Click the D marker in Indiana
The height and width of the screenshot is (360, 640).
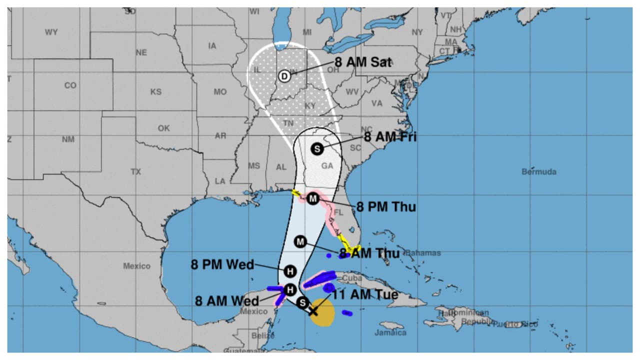click(x=283, y=76)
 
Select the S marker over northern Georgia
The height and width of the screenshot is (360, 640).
click(x=316, y=148)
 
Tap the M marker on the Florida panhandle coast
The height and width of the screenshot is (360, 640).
click(x=313, y=198)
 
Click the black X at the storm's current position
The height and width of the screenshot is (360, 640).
click(x=313, y=311)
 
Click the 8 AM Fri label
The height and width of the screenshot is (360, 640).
click(x=389, y=137)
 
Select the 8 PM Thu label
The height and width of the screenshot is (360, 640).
click(x=385, y=206)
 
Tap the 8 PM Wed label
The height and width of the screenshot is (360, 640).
click(x=222, y=264)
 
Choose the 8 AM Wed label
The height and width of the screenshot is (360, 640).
click(x=227, y=301)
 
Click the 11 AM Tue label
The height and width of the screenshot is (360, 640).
click(x=365, y=294)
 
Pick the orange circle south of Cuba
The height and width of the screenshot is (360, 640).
click(x=323, y=314)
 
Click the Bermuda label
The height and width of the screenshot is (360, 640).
click(x=539, y=171)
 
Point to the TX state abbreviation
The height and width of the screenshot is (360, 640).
click(x=136, y=171)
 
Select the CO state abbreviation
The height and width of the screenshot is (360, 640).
click(x=70, y=85)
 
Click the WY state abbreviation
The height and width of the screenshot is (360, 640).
click(x=51, y=32)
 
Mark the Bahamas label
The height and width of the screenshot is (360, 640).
click(x=422, y=253)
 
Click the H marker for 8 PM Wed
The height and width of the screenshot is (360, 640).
click(x=289, y=271)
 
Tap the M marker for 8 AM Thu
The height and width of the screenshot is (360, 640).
click(x=300, y=241)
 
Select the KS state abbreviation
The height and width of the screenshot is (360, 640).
click(x=156, y=92)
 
